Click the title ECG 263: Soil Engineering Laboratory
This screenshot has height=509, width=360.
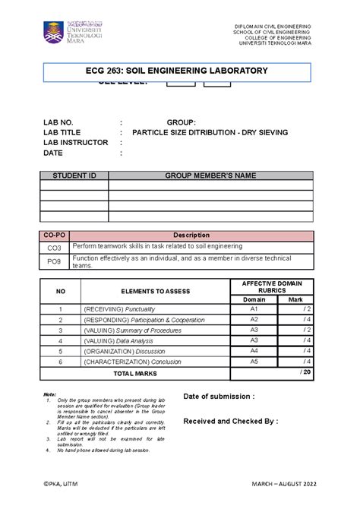coord(178,71)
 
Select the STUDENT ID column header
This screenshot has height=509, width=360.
coord(74,175)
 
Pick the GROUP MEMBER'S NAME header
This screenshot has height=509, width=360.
coord(210,175)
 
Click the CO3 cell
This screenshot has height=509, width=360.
coord(55,248)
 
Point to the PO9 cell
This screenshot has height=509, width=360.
coord(55,261)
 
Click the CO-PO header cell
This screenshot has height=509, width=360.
coord(55,236)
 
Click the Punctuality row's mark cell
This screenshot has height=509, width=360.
coord(295,310)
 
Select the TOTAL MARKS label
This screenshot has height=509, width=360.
coord(134,374)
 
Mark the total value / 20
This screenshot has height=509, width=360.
coord(305,372)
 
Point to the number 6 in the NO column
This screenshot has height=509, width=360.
coord(59,362)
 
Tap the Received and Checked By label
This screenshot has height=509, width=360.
coord(230,420)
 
